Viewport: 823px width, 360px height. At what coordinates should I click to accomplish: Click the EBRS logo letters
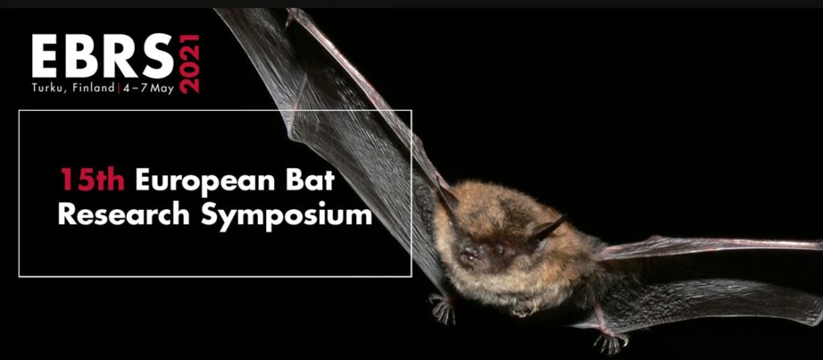(x=102, y=56)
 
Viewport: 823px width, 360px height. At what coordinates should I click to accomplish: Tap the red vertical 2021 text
(x=190, y=64)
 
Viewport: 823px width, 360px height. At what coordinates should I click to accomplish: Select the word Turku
(x=46, y=88)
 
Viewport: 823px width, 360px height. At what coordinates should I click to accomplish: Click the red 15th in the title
(x=92, y=180)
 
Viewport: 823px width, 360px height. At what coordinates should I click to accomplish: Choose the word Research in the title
(x=123, y=215)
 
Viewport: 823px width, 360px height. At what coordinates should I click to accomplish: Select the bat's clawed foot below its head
(x=442, y=308)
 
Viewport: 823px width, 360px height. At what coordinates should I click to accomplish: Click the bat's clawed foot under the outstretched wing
(x=610, y=343)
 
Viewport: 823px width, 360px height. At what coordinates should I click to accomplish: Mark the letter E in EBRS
(x=46, y=56)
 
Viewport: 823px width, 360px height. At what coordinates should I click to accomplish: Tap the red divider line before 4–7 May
(x=119, y=88)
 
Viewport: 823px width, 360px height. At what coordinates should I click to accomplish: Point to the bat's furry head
(x=498, y=231)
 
